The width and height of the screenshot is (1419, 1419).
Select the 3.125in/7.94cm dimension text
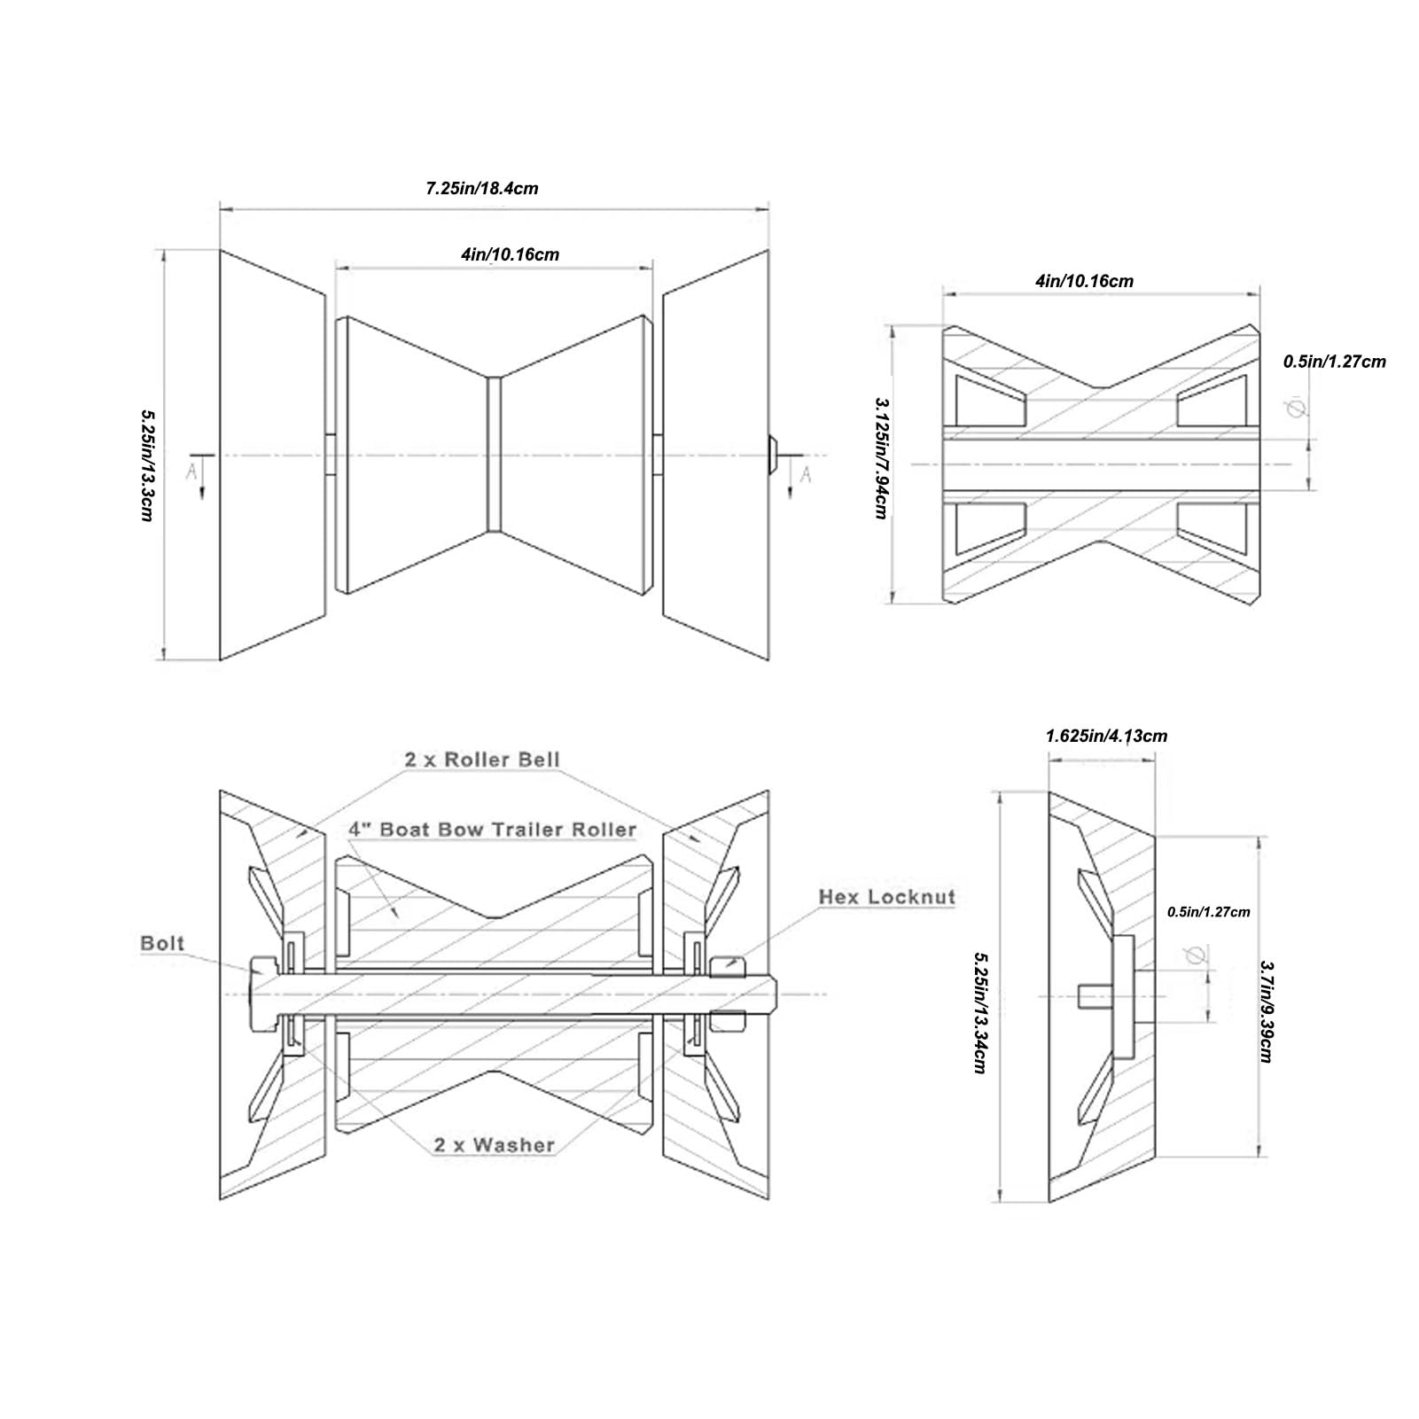click(881, 457)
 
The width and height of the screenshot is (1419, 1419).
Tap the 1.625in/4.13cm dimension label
click(1106, 736)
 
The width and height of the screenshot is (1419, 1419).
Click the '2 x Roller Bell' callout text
click(482, 760)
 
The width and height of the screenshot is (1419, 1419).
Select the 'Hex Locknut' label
click(887, 897)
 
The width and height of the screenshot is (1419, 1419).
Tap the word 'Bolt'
click(163, 943)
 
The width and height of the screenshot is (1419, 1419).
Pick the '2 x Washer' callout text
click(495, 1145)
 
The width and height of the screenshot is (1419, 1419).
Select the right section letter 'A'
click(806, 475)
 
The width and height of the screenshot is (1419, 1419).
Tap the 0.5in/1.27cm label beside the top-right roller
click(1334, 362)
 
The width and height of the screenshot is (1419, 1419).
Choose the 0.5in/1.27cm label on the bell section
click(1209, 912)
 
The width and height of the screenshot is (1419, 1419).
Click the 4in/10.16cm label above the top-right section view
click(1084, 281)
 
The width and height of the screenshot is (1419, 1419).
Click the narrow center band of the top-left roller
click(495, 455)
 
